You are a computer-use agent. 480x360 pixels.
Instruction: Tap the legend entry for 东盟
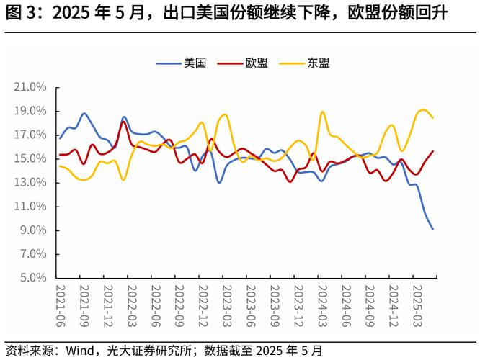pos(318,63)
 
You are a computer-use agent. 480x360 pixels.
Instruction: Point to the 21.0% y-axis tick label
pos(30,87)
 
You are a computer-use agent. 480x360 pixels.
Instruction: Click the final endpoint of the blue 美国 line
pos(432,229)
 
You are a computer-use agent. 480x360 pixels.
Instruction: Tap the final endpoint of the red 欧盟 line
pos(432,151)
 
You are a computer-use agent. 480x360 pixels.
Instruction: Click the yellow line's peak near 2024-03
pos(321,112)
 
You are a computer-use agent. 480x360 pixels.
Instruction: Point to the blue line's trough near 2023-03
pos(219,182)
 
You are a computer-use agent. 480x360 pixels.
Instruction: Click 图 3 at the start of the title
pos(17,13)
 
